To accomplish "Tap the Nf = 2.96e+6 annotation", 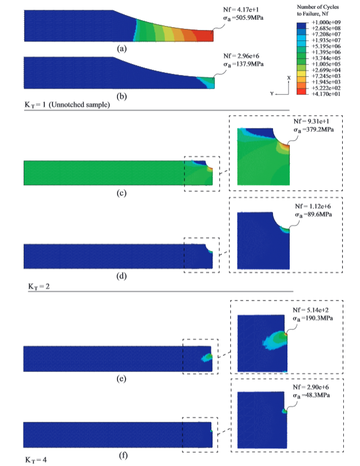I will coord(242,58).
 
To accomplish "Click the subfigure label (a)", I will coord(121,49).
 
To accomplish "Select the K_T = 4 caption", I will coord(36,460).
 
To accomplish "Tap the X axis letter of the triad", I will coord(288,77).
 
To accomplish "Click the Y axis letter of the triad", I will coord(271,93).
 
